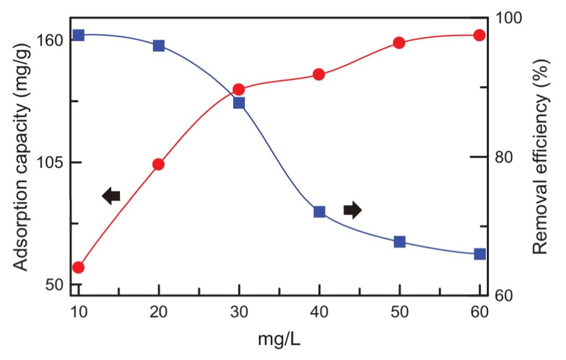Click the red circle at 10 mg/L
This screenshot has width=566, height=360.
pos(79,267)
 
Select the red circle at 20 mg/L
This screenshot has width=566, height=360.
pos(159,165)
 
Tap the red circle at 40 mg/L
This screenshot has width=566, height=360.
pos(319,74)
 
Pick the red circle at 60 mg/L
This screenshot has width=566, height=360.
pos(479,35)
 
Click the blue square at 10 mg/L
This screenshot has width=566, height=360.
pos(79,35)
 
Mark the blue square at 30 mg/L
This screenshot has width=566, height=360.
pos(239,103)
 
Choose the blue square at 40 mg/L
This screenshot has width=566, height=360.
pos(319,212)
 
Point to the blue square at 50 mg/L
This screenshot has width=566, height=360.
pos(399,242)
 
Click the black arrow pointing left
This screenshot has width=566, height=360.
pos(111,196)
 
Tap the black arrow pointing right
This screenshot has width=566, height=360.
pos(352,210)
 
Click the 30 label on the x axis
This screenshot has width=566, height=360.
pos(239,312)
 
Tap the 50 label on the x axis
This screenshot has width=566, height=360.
pos(399,312)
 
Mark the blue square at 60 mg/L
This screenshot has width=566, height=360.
pos(480,254)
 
